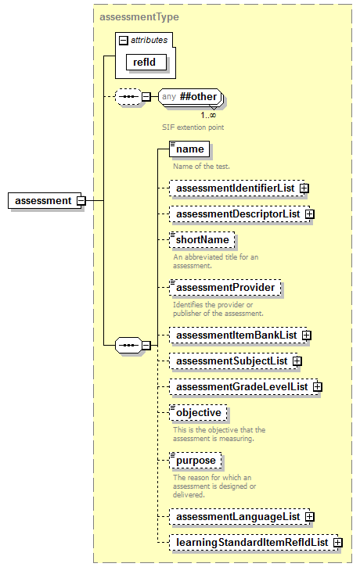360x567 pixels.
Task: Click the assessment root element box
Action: pyautogui.click(x=43, y=200)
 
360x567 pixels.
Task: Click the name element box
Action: pyautogui.click(x=189, y=149)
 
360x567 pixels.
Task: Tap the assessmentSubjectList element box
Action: pyautogui.click(x=231, y=361)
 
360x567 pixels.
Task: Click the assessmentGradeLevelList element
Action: pyautogui.click(x=242, y=386)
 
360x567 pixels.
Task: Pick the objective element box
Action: pyautogui.click(x=198, y=412)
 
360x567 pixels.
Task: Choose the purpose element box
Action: pyautogui.click(x=195, y=461)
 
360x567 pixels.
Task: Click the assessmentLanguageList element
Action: pyautogui.click(x=237, y=516)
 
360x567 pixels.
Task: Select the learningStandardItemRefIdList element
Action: pyautogui.click(x=251, y=541)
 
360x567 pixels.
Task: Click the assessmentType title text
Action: pyautogui.click(x=139, y=16)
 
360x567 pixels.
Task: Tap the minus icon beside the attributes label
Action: pyautogui.click(x=123, y=40)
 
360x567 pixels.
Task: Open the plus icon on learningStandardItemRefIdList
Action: pyautogui.click(x=337, y=541)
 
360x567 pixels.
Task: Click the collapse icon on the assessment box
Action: pyautogui.click(x=81, y=200)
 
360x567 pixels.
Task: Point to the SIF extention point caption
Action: pyautogui.click(x=187, y=126)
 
